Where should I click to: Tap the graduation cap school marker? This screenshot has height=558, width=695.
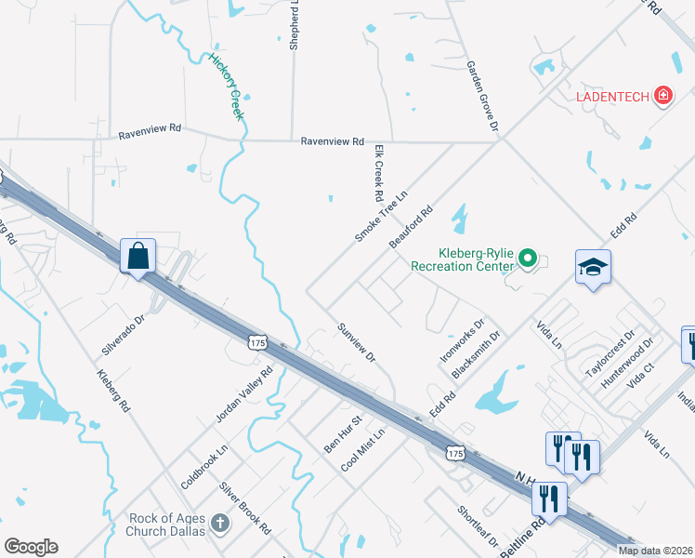(x=593, y=267)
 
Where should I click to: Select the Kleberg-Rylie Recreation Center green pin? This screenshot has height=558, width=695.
(x=528, y=257)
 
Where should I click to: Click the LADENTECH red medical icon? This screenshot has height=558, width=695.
(x=662, y=95)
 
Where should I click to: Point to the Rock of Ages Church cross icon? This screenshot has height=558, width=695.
(x=219, y=524)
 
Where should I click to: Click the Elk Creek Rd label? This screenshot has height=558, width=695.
(x=378, y=173)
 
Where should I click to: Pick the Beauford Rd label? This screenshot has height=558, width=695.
(x=412, y=227)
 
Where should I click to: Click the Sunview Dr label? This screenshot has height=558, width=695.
(x=356, y=343)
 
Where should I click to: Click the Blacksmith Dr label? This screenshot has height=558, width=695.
(x=475, y=354)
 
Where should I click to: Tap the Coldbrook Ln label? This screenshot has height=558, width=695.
(x=203, y=466)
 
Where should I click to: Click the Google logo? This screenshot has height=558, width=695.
(x=31, y=547)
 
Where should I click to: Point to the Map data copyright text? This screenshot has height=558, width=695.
(x=655, y=551)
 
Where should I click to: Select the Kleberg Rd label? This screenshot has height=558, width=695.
(x=114, y=391)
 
